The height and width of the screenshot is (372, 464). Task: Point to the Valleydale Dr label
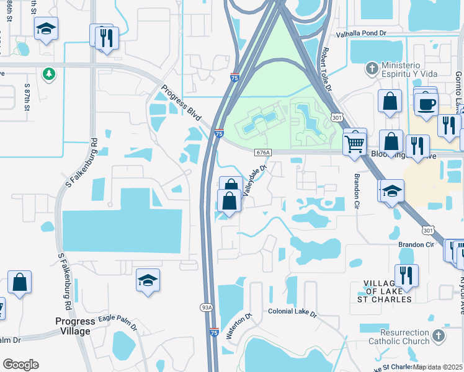(254, 180)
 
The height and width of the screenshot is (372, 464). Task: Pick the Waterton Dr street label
(238, 326)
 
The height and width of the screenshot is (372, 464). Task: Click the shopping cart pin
(354, 142)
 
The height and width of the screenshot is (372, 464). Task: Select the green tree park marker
(48, 74)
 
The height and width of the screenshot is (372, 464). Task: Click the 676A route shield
(263, 153)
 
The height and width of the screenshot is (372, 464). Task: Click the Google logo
(20, 365)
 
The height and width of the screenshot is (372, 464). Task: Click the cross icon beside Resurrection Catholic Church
(439, 336)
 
